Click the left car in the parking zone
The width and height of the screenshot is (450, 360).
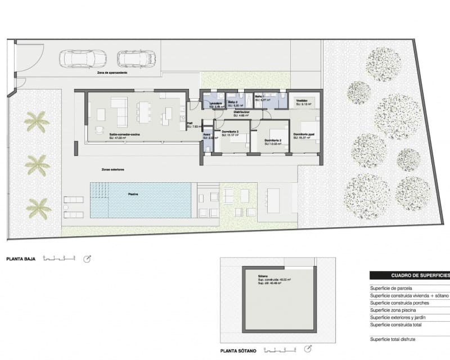pyautogui.click(x=82, y=58)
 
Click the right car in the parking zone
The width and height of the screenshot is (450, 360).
pyautogui.click(x=136, y=58)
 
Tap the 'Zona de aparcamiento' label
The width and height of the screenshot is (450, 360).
pyautogui.click(x=112, y=73)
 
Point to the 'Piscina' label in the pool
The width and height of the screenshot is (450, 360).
pyautogui.click(x=133, y=194)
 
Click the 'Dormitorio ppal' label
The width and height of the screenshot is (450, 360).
pyautogui.click(x=304, y=134)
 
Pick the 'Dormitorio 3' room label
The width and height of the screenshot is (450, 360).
pyautogui.click(x=230, y=132)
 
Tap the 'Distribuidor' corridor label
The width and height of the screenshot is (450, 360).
pyautogui.click(x=242, y=112)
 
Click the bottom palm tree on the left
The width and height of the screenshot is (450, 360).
pyautogui.click(x=38, y=208)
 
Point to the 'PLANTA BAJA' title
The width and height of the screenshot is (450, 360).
pyautogui.click(x=21, y=259)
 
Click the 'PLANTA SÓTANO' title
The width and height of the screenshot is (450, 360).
pyautogui.click(x=239, y=351)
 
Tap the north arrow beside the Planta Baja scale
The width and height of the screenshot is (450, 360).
pyautogui.click(x=87, y=259)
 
